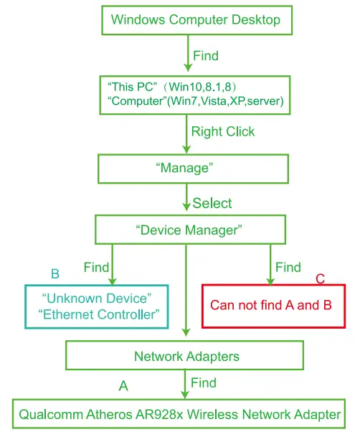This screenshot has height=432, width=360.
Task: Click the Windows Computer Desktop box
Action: click(196, 20)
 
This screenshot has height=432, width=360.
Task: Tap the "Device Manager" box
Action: click(189, 230)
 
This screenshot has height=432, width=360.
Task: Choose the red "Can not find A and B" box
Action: click(270, 305)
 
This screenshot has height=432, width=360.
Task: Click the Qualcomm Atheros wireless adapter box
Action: click(180, 414)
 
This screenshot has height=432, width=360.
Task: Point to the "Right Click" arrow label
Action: click(223, 131)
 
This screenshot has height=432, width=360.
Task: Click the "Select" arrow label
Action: click(212, 203)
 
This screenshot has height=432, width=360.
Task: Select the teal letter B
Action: click(55, 274)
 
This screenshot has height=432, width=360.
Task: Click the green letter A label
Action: click(123, 386)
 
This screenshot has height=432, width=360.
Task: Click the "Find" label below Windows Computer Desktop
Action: click(206, 55)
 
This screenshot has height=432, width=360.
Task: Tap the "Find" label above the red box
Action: click(288, 268)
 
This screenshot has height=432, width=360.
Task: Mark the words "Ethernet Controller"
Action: click(102, 314)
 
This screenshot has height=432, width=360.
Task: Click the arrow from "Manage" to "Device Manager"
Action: click(186, 199)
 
